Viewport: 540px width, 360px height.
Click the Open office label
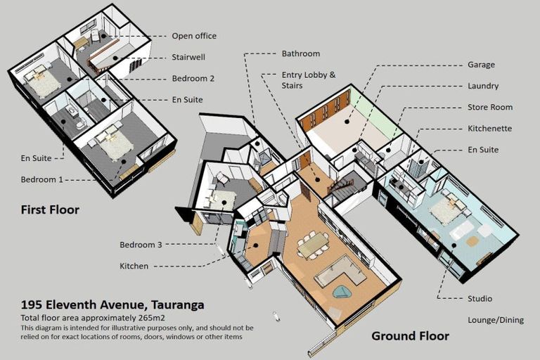pyautogui.click(x=194, y=36)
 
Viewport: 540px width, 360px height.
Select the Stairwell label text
pyautogui.click(x=188, y=57)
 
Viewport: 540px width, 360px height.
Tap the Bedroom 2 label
pyautogui.click(x=193, y=79)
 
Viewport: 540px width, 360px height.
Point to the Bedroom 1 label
pyautogui.click(x=42, y=179)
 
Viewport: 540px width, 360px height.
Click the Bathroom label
pyautogui.click(x=301, y=53)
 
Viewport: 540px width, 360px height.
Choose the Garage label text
pyautogui.click(x=481, y=65)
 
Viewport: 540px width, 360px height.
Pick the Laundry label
pyautogui.click(x=483, y=86)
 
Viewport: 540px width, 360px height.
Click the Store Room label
pyautogui.click(x=490, y=107)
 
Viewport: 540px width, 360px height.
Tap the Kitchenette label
pyautogui.click(x=489, y=129)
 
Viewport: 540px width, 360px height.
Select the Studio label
pyautogui.click(x=480, y=298)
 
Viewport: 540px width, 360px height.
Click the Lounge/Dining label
pyautogui.click(x=496, y=320)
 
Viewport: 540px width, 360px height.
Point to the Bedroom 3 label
pyautogui.click(x=141, y=245)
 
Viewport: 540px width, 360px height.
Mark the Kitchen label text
pyautogui.click(x=134, y=266)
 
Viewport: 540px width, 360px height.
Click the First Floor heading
pyautogui.click(x=51, y=210)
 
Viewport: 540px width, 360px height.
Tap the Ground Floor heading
pyautogui.click(x=410, y=336)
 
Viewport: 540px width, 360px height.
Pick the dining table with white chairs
pyautogui.click(x=314, y=243)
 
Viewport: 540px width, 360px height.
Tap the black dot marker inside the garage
pyautogui.click(x=347, y=122)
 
